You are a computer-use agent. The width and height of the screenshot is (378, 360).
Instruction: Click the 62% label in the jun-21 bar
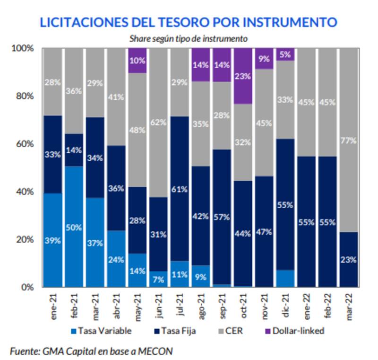tap(158, 122)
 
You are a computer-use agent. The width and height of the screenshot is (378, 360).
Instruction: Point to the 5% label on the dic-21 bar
tap(285, 54)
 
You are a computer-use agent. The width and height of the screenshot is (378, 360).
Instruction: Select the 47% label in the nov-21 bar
tap(264, 232)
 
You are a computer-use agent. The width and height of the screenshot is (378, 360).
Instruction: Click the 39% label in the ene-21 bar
tap(53, 241)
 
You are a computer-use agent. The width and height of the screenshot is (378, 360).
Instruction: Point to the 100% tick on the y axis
tap(22, 48)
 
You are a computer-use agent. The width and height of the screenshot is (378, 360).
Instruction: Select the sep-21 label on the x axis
tap(222, 306)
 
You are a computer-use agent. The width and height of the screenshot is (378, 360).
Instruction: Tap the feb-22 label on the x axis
tap(328, 306)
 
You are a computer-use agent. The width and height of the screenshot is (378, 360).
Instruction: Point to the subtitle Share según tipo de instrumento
tap(189, 38)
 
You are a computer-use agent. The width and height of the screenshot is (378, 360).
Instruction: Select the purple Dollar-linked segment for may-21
tap(137, 61)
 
